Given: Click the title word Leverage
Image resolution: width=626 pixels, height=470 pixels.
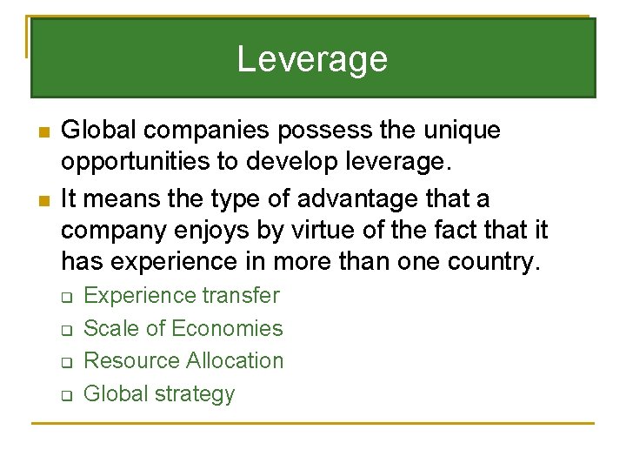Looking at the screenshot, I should [312, 59].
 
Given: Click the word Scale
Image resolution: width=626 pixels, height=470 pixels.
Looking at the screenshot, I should [111, 328].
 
